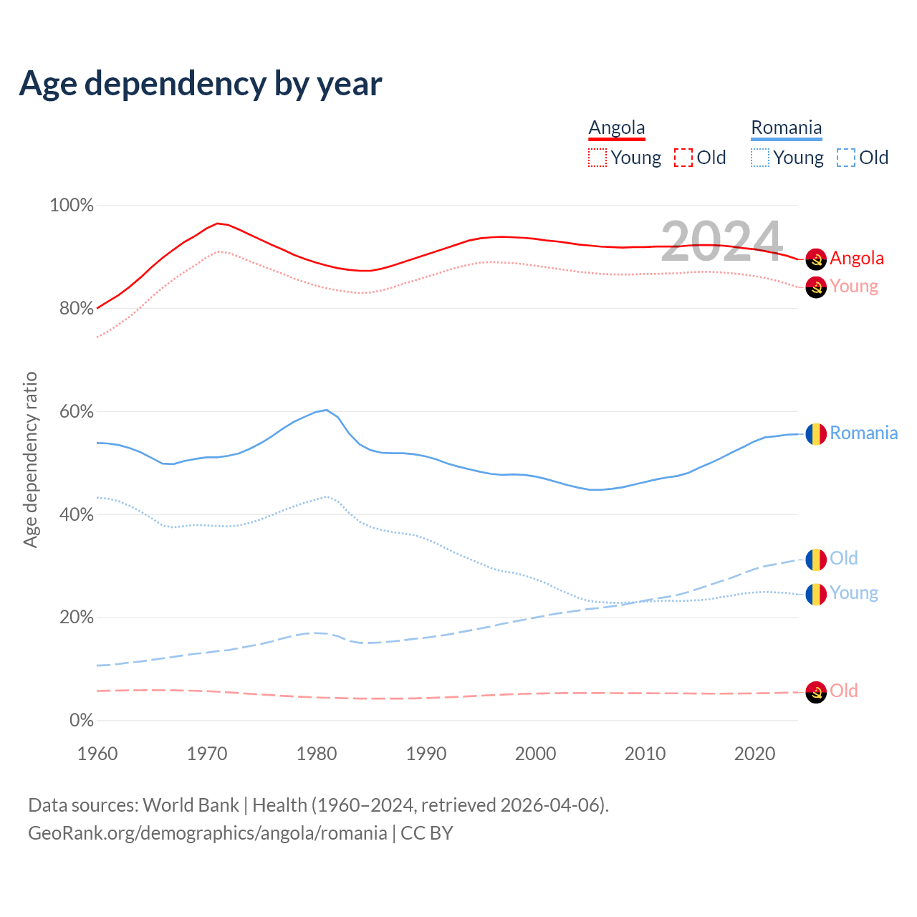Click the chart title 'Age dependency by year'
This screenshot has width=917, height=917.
[x=201, y=84]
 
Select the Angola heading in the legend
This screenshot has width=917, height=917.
[x=617, y=128]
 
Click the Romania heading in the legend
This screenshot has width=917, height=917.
[x=786, y=128]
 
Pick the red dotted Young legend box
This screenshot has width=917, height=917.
[x=597, y=158]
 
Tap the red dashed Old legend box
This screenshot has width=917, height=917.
[x=683, y=158]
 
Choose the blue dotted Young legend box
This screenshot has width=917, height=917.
[x=760, y=158]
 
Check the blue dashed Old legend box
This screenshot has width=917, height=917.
[x=846, y=158]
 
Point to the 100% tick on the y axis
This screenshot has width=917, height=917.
[x=72, y=206]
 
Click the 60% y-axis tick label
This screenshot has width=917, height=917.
[x=76, y=412]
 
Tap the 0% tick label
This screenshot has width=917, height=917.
[x=81, y=721]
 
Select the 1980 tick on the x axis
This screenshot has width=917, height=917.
[x=317, y=754]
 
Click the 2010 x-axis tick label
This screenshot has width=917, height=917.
[x=645, y=754]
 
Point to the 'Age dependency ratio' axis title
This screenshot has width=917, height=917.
[x=30, y=459]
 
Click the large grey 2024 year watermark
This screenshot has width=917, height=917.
[x=721, y=241]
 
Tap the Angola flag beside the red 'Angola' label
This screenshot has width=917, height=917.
[x=816, y=259]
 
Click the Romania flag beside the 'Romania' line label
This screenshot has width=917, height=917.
[x=816, y=434]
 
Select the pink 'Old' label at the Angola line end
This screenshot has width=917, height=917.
[x=844, y=691]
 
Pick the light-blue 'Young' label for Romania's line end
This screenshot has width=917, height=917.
[x=854, y=593]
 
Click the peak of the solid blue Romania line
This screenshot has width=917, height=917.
[x=327, y=410]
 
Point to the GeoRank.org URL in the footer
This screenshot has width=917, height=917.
[x=208, y=833]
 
